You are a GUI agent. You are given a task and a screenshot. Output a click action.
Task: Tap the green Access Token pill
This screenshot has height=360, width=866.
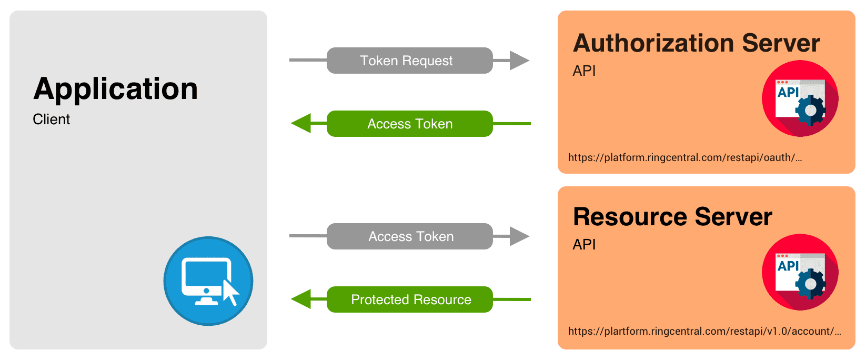pos(409,124)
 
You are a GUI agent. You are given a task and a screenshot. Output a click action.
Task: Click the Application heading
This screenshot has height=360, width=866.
pos(116,88)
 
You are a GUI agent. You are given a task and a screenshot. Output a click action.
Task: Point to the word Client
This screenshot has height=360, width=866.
pos(51,119)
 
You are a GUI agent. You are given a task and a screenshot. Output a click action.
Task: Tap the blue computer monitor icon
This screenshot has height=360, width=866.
pos(208,281)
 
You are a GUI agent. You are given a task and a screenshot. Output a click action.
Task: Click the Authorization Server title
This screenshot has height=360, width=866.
pos(696,43)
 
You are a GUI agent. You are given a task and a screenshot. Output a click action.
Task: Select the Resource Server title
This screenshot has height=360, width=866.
pos(672,217)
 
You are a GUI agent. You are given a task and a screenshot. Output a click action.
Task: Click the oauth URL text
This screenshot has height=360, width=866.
pos(684,157)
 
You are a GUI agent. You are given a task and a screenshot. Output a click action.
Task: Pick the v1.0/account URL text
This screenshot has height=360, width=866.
pos(704,331)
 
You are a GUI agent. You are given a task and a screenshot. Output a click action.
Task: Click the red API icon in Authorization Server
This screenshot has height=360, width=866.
pos(800,98)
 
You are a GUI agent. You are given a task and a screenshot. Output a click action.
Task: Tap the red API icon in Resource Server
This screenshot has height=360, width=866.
pos(800,272)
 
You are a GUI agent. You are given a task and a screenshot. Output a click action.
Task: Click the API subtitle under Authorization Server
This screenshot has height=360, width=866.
pos(584,71)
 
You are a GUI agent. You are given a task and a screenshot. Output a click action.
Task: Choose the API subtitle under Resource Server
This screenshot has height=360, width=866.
pos(584,245)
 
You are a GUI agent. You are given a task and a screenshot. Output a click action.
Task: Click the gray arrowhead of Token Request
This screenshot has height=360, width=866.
pos(519,61)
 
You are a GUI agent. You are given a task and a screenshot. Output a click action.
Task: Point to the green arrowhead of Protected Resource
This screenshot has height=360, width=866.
pos(301,299)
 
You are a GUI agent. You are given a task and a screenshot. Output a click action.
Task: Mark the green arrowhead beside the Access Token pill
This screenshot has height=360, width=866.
pos(301,124)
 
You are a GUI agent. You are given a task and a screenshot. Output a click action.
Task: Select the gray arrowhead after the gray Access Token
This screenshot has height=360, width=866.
pos(519,236)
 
